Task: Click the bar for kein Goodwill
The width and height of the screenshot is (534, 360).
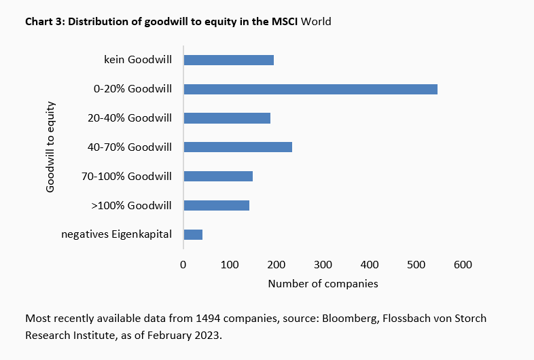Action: coord(228,60)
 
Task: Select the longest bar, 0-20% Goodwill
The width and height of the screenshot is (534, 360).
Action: coord(310,89)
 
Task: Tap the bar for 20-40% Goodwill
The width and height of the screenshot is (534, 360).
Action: coord(227,118)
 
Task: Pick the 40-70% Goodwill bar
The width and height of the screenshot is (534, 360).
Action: coord(238,147)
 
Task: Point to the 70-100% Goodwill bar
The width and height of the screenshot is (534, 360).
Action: coord(218,176)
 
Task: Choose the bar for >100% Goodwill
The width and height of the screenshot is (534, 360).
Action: coord(217,205)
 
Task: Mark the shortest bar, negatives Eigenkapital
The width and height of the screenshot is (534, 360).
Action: coord(193,234)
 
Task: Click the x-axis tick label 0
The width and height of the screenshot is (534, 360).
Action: coord(183,264)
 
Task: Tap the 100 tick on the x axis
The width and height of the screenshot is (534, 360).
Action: coord(230,264)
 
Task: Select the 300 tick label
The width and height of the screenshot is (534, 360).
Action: coord(323,264)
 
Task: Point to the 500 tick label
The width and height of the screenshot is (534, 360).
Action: coord(416,264)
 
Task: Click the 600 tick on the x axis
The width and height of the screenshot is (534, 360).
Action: coord(463,264)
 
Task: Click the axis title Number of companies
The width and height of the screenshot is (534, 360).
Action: coord(323,283)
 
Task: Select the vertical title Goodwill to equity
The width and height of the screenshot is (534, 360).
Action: coord(50,147)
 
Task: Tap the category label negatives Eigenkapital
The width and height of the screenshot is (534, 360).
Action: coord(116,234)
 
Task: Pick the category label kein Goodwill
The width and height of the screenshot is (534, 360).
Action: coord(134,60)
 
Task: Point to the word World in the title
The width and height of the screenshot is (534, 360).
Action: coord(316,21)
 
